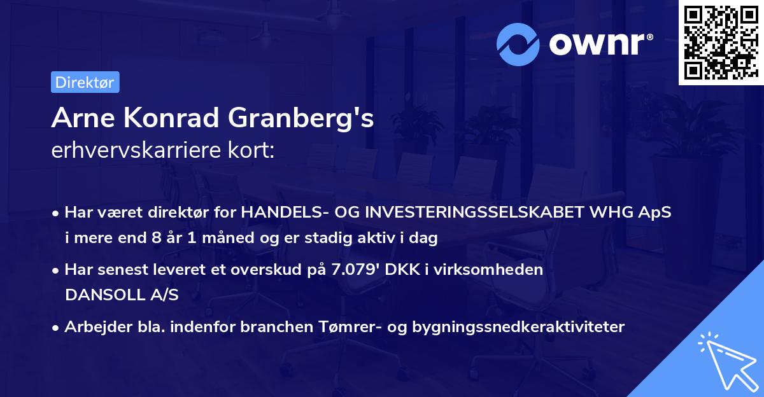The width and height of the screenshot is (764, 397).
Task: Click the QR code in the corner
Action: coord(720,43)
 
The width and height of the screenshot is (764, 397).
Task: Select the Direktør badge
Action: coord(84,82)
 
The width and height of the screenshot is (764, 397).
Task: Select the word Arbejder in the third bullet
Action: coord(93,327)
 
